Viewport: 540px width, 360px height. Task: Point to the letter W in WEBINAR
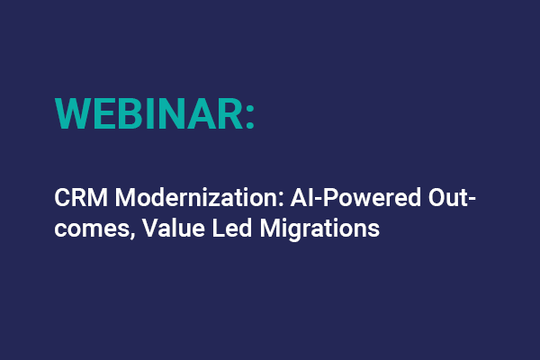coord(73,112)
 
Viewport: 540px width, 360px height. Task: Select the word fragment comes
coord(86,229)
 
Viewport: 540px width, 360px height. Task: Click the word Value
coord(153,227)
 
